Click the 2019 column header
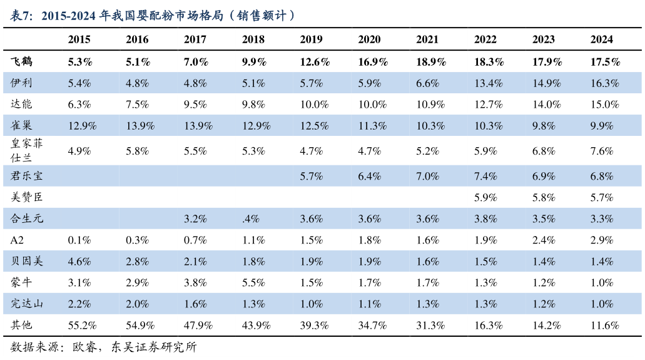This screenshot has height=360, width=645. pos(311,39)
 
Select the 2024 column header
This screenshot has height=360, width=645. pos(601,39)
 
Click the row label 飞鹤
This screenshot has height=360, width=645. pos(22,61)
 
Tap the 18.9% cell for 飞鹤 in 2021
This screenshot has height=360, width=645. pos(427,62)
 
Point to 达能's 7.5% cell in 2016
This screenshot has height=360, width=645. pos(137,105)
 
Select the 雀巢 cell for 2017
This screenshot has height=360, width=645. pos(195,126)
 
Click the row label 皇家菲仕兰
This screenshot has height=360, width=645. pos(27,151)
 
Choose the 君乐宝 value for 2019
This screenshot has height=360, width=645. pos(311,177)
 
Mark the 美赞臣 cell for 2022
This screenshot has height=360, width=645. pos(485,198)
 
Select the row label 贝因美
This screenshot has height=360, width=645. pos(27,261)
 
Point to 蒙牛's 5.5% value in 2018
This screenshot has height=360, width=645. pos(253,283)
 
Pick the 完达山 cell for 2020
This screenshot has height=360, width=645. pos(369,304)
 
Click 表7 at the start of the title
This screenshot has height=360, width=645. pos(22,16)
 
